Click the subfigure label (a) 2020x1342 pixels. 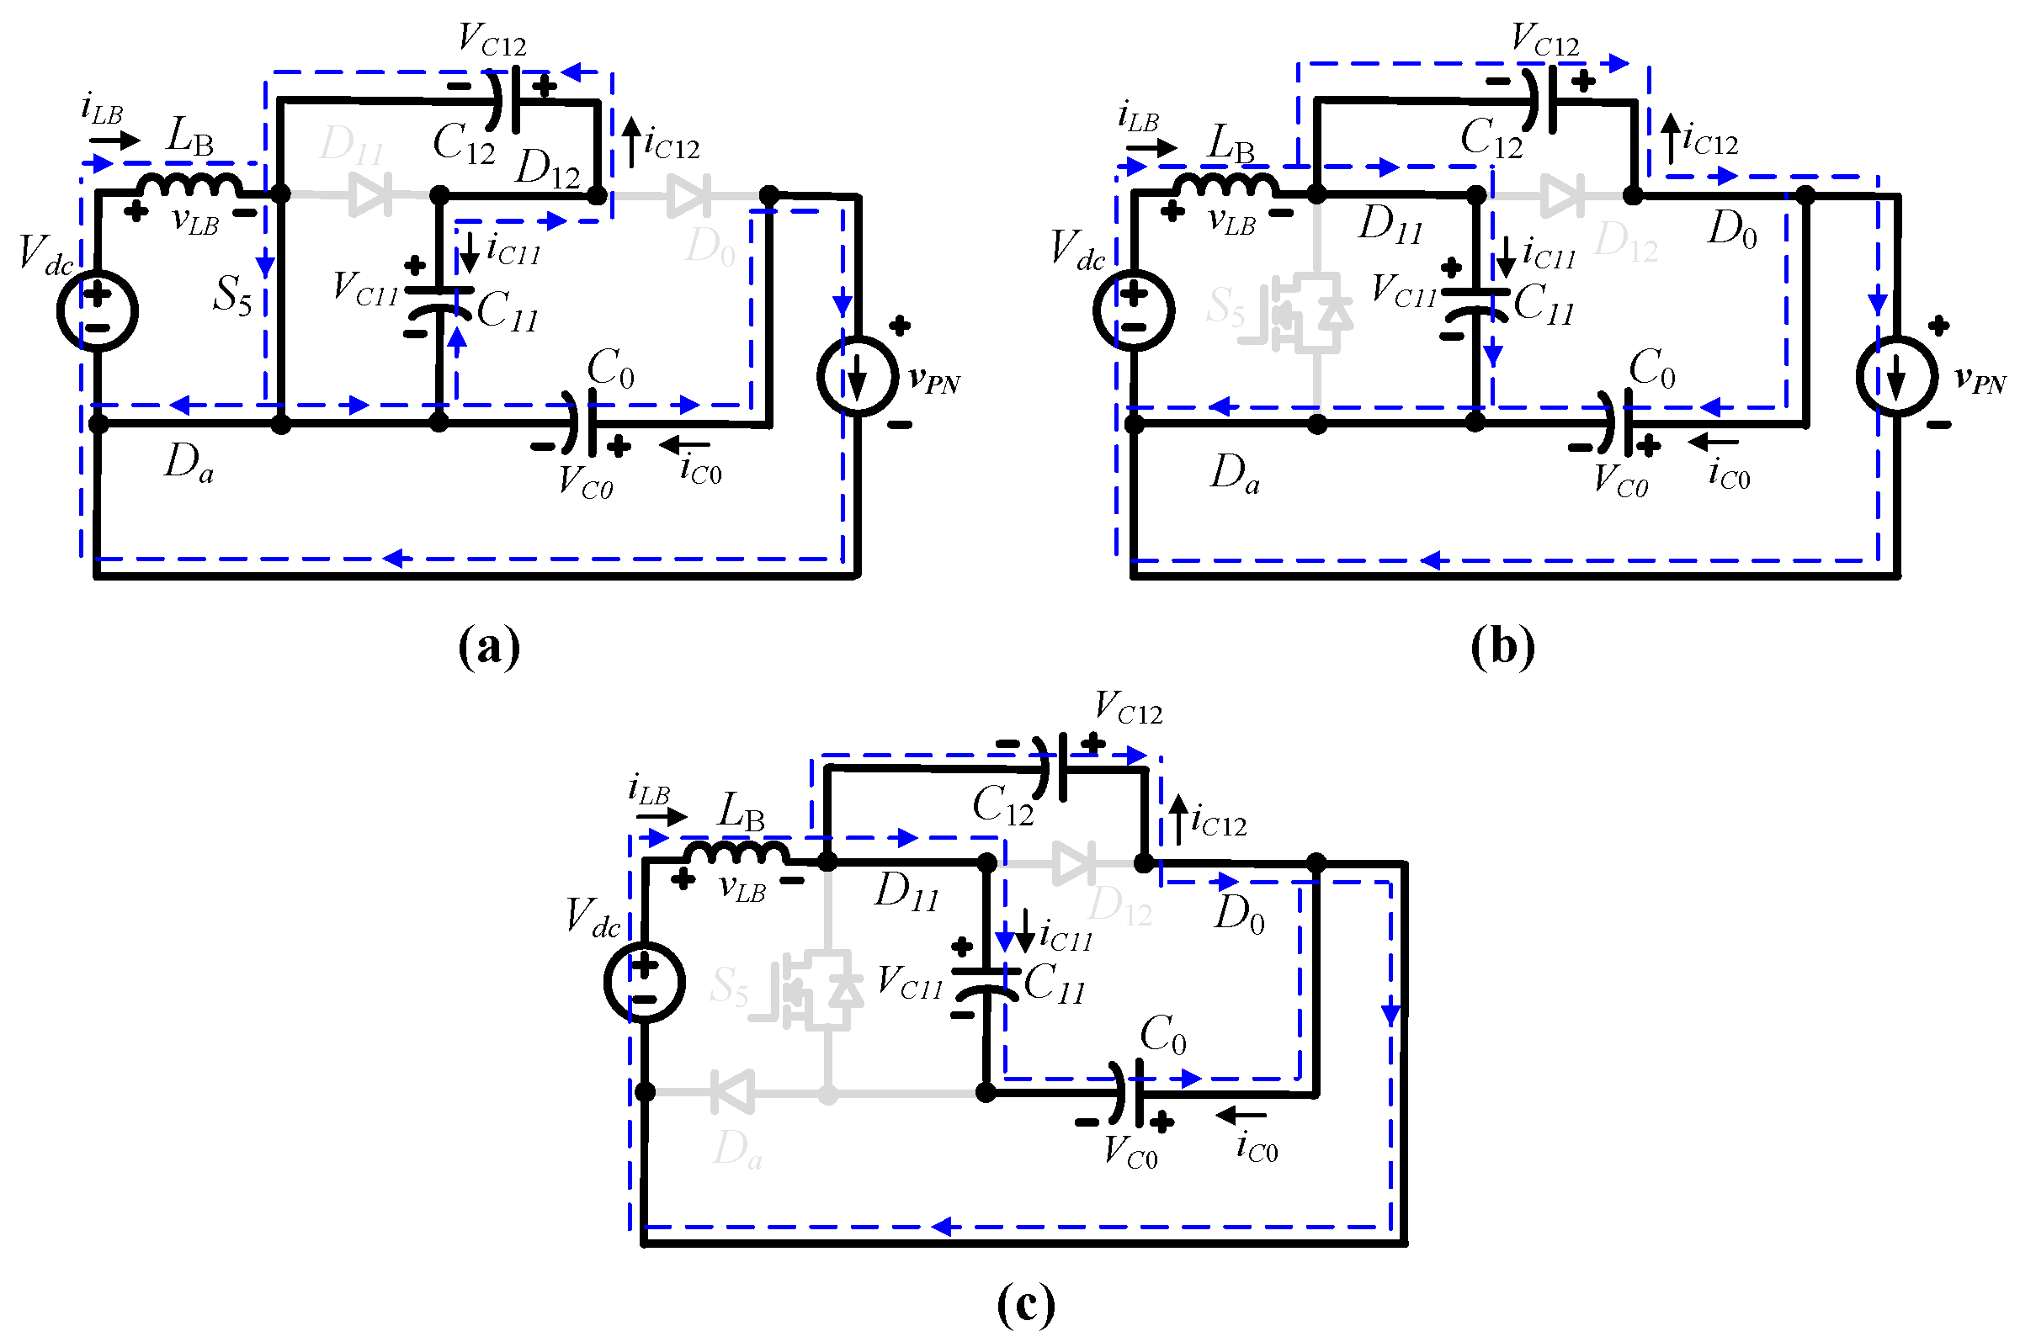[489, 648]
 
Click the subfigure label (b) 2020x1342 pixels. [1503, 648]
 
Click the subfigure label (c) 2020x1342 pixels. [1025, 1304]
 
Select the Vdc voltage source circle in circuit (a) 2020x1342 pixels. [98, 310]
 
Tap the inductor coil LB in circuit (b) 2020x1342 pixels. [1225, 185]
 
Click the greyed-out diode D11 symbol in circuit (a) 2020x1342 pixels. [370, 194]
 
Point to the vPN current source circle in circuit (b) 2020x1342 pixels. [1896, 377]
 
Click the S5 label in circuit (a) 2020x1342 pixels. [233, 296]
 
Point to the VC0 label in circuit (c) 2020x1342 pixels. [1130, 1153]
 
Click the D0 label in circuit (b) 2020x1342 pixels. [1731, 230]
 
